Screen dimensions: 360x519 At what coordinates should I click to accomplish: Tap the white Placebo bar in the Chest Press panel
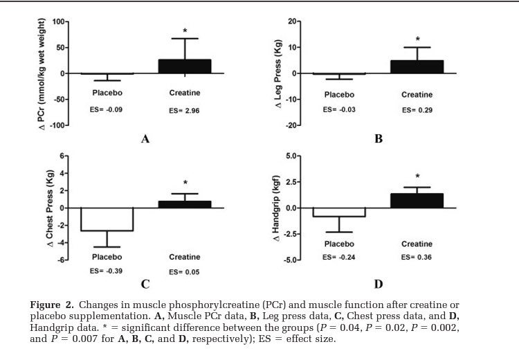point(107,219)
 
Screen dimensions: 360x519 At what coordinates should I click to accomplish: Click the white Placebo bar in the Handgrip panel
point(339,212)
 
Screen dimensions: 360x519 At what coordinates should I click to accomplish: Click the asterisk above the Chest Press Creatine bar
point(185,183)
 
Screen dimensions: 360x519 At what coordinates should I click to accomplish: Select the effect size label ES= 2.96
point(184,110)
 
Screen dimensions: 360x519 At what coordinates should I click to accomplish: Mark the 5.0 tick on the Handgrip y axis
point(294,156)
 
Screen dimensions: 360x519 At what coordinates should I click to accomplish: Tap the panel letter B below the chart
point(379,138)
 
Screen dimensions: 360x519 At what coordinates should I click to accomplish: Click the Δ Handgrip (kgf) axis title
point(275,208)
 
